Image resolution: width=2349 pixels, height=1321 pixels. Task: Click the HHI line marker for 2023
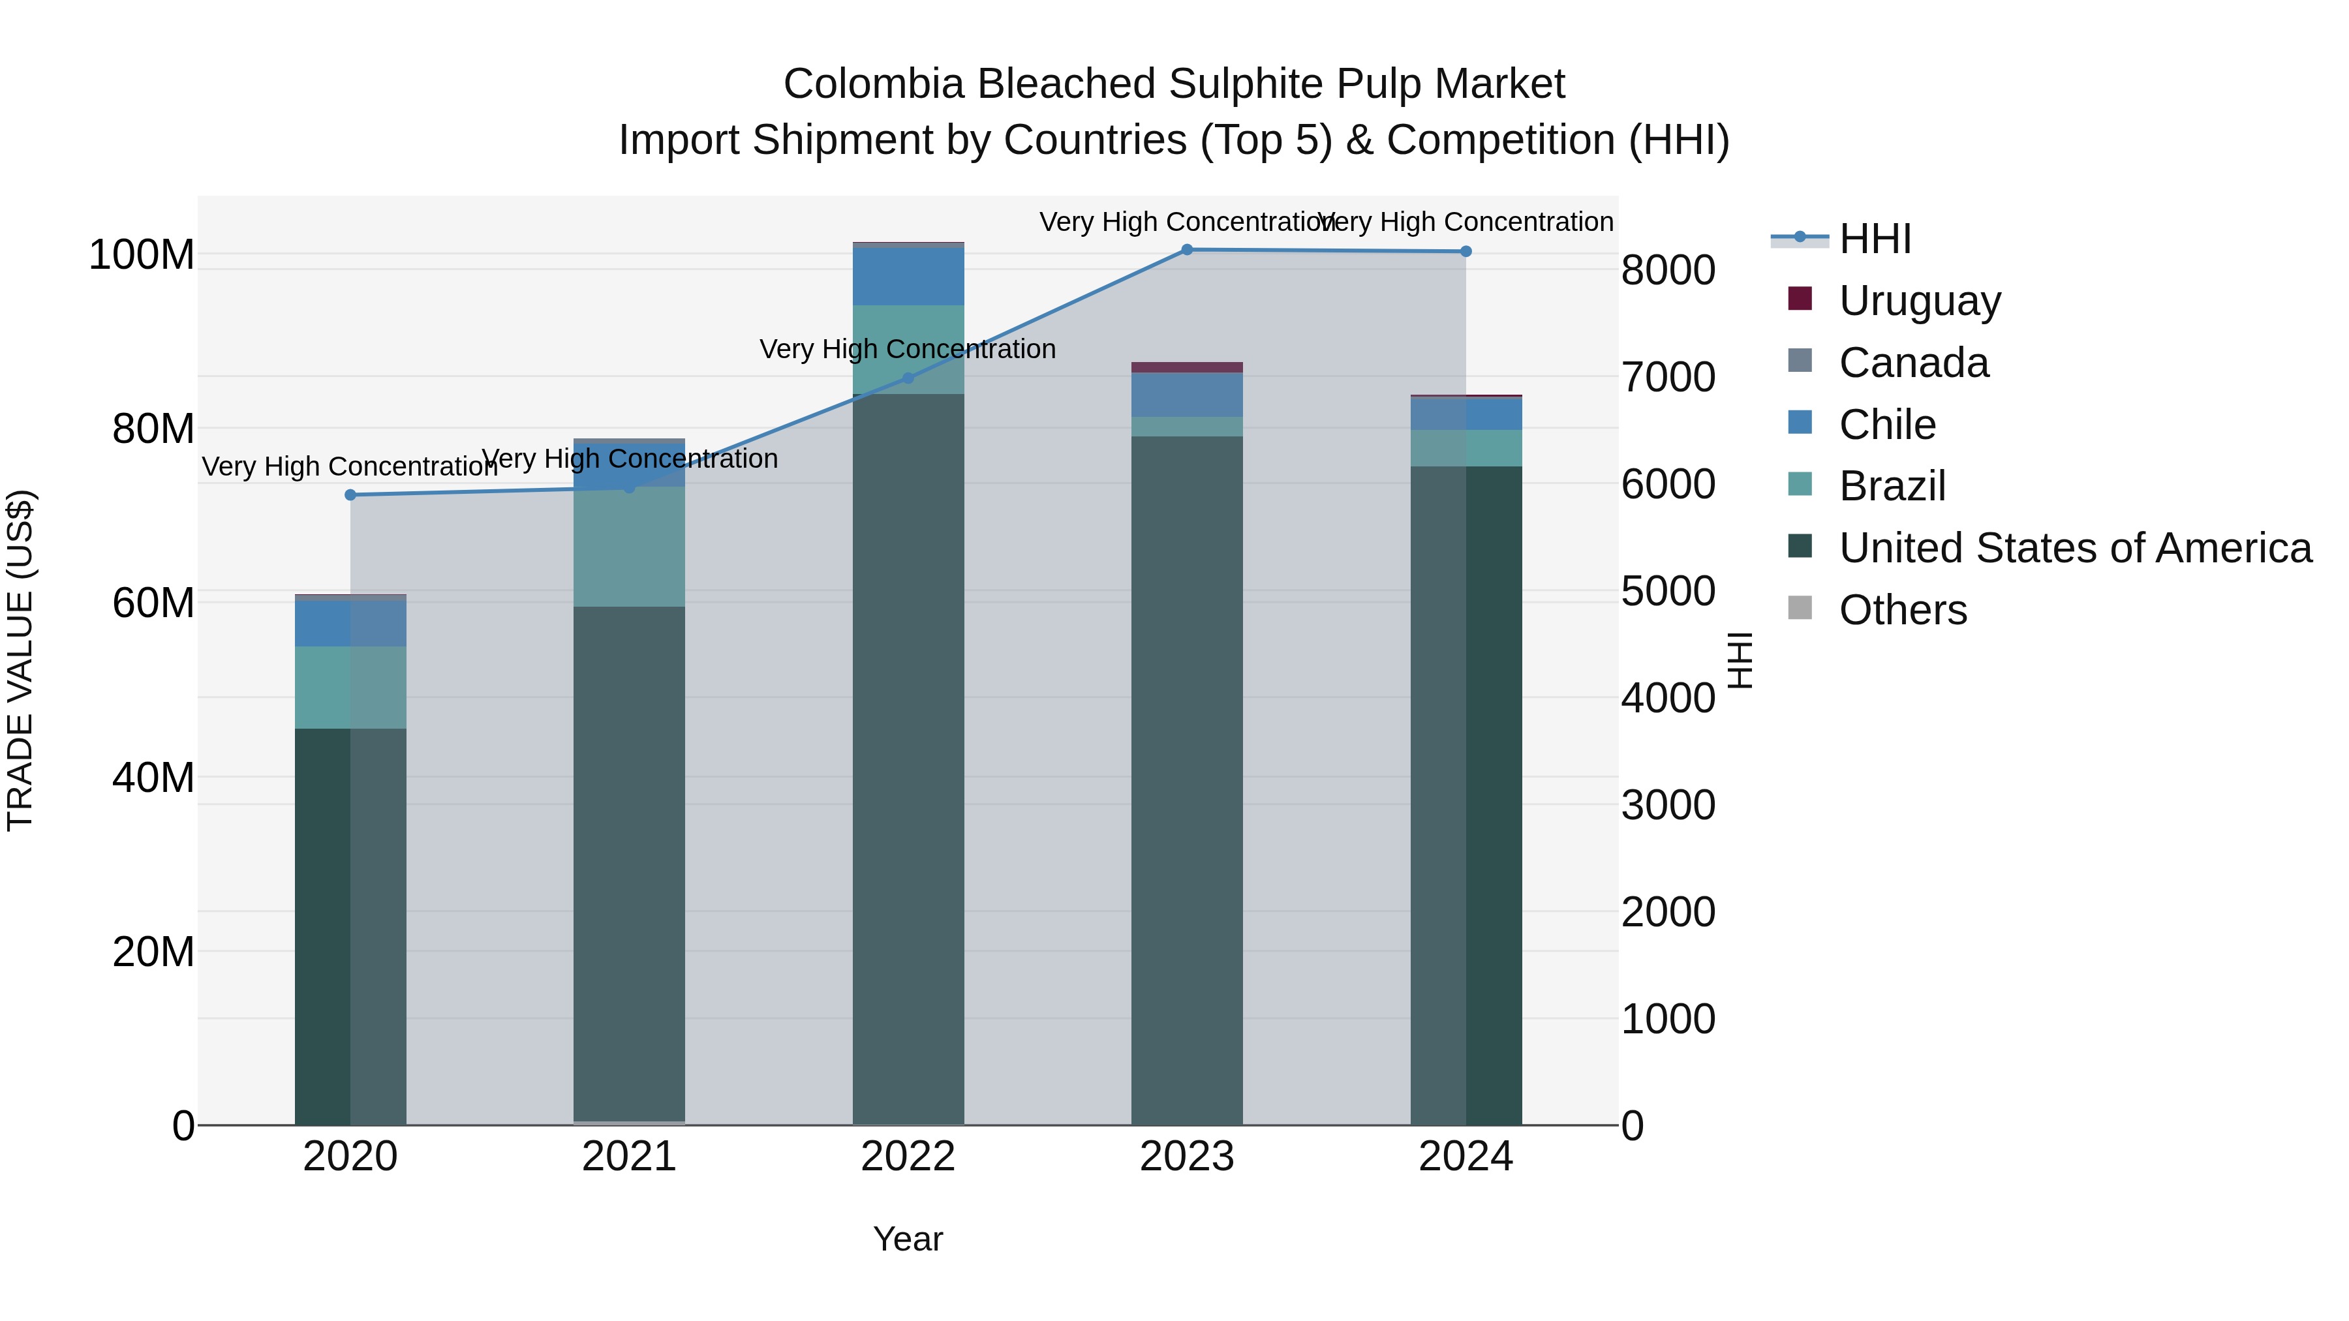pos(1186,250)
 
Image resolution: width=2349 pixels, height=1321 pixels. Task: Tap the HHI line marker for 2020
pos(350,495)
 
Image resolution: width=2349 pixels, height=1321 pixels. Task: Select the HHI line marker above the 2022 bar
pos(908,378)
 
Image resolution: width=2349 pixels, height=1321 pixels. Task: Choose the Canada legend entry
pos(1913,363)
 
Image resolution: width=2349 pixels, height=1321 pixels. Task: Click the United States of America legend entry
pos(2074,548)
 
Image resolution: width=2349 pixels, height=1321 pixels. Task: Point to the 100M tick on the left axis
pos(142,254)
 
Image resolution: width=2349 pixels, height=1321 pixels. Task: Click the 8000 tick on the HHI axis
pos(1668,271)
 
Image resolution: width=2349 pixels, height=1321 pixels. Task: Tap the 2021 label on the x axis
pos(629,1157)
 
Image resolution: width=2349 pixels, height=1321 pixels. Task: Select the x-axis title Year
pos(908,1239)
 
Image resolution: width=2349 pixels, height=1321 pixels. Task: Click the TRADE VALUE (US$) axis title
pos(20,660)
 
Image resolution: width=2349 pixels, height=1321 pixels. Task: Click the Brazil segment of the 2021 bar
pos(629,547)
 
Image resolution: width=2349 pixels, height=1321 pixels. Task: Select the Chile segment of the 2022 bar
pos(908,276)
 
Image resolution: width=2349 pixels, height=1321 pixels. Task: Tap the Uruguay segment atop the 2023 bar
pos(1186,367)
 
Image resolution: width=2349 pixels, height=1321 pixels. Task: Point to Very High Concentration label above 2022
pos(908,349)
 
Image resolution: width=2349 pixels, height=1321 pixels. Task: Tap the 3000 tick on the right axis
pos(1668,806)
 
